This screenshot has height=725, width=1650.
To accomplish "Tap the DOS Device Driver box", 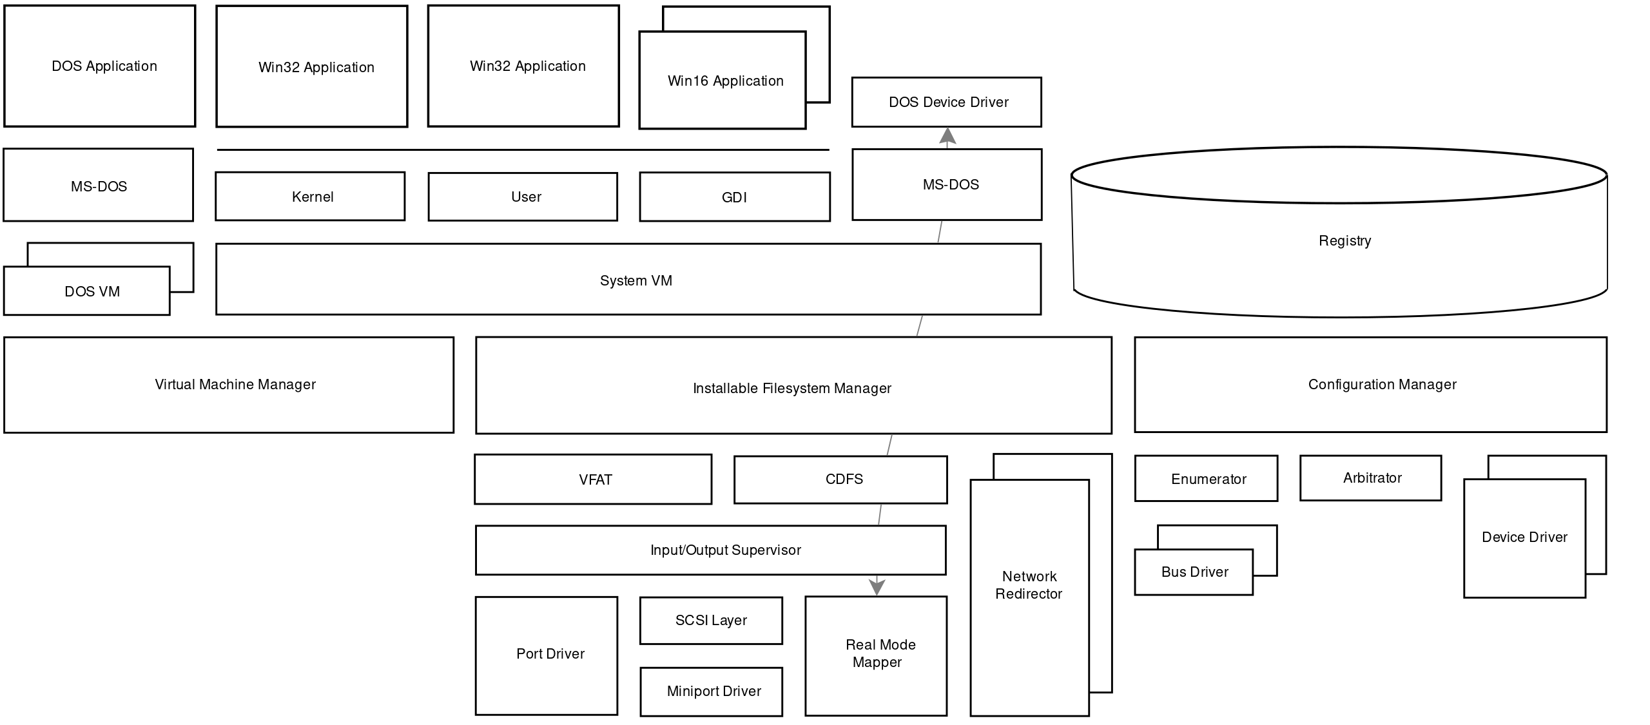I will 946,102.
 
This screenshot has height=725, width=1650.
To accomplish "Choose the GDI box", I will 734,197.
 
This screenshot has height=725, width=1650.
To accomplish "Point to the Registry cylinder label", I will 1344,240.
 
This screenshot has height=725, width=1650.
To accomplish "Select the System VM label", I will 636,280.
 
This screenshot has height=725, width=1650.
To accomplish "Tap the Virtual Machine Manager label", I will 235,384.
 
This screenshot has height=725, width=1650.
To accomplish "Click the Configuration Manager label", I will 1382,384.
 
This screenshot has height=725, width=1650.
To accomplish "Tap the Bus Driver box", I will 1194,572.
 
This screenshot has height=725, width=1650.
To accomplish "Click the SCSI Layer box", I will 711,620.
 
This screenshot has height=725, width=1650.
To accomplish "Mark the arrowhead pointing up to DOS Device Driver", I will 947,137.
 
